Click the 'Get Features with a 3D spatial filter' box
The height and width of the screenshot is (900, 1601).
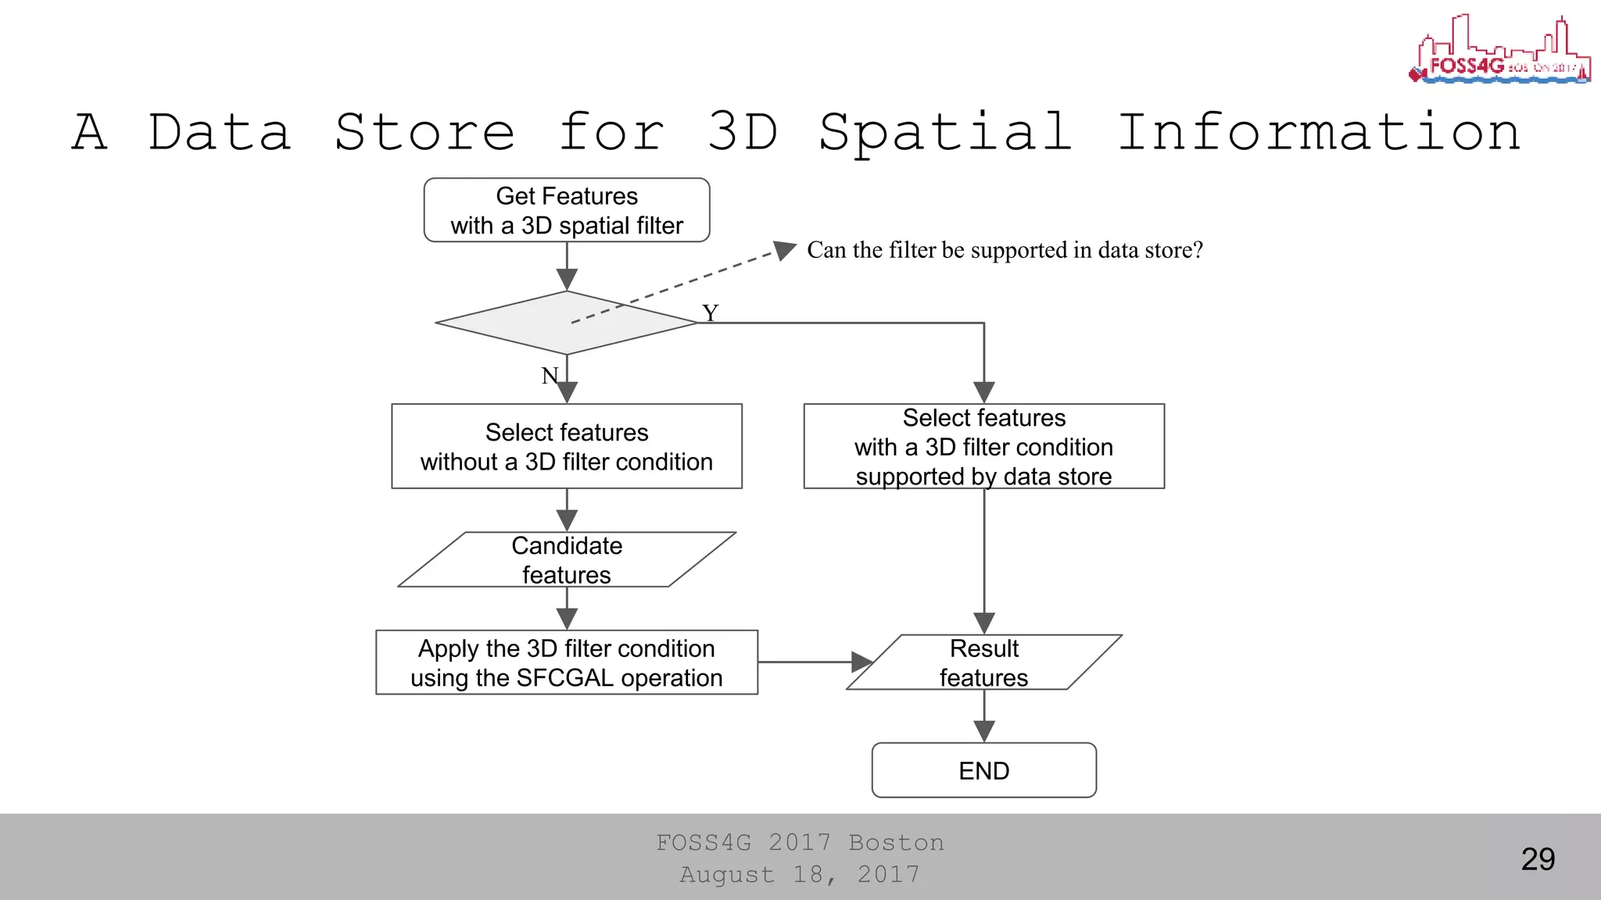567,210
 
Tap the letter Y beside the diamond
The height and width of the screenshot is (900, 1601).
710,313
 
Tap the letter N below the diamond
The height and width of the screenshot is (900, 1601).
550,376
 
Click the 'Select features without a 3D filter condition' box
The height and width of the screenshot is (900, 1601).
567,446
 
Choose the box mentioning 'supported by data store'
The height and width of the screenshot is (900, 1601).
983,446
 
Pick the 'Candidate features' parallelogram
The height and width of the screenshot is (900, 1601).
567,559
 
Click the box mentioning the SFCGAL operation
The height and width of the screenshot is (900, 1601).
567,662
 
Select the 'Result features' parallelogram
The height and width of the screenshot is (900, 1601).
983,662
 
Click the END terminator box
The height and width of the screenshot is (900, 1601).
983,770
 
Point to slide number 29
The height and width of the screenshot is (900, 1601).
1538,859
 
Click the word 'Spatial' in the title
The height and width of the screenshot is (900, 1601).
945,132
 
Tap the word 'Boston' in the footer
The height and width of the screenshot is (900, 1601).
896,843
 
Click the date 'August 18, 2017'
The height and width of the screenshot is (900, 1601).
800,874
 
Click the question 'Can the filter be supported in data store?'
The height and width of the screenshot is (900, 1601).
1005,250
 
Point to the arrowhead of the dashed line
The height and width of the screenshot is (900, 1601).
784,250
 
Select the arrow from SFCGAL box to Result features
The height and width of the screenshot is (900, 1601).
813,662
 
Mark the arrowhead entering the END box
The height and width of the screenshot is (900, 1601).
983,731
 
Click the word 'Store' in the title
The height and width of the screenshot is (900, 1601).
424,132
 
